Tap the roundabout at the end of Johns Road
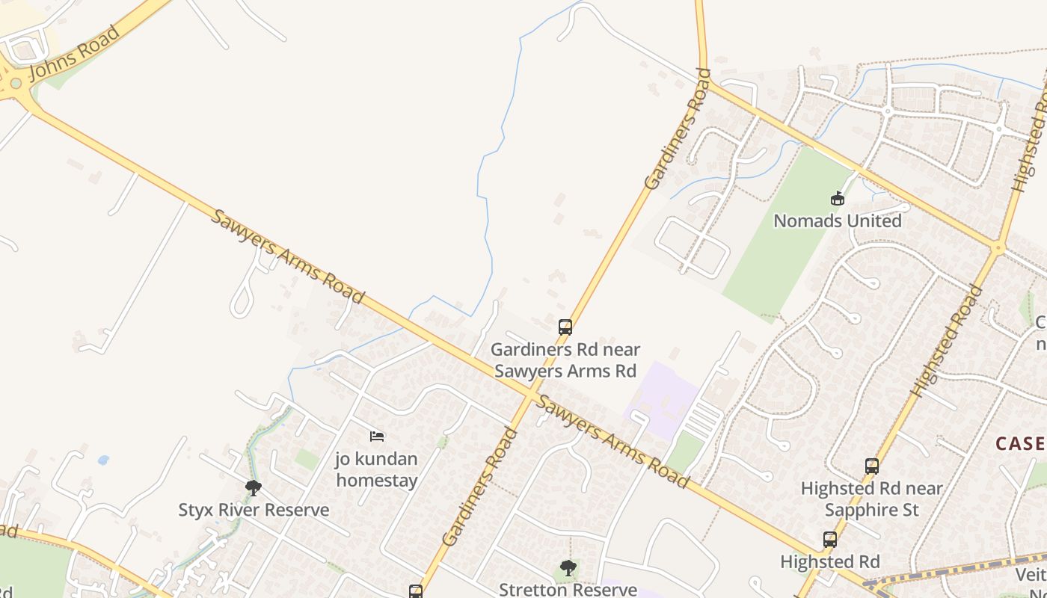15,83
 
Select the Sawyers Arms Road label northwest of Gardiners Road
287,256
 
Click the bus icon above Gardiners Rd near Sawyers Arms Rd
565,327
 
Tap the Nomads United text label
837,221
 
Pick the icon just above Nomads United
837,199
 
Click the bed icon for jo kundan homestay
377,436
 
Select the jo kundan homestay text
376,469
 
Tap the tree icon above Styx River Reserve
254,488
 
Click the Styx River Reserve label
254,511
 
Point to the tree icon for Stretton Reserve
568,568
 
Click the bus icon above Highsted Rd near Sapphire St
871,466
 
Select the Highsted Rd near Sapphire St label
871,499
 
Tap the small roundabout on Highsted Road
998,247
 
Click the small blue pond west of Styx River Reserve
102,460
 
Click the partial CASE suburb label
1021,443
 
